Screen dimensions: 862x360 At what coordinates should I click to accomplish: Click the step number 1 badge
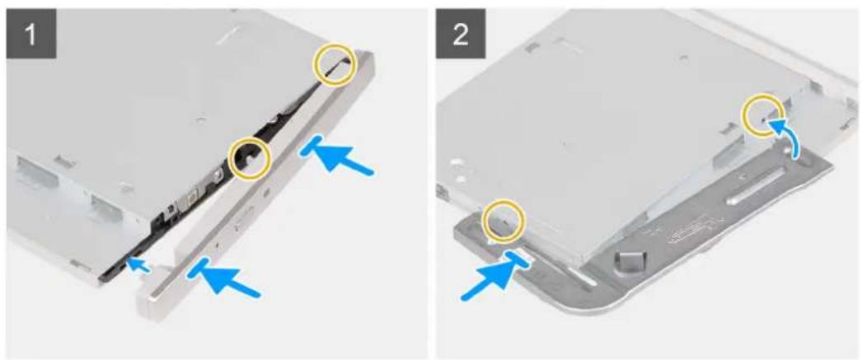[31, 33]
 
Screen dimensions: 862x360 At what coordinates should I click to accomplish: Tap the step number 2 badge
[461, 33]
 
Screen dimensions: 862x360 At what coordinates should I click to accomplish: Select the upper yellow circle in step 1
[335, 65]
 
